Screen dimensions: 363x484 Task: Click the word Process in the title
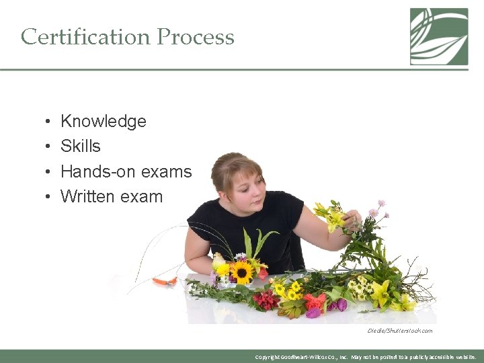196,36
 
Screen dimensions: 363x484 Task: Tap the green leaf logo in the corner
439,36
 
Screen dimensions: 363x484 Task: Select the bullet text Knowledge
103,122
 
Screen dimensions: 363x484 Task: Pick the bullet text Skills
80,147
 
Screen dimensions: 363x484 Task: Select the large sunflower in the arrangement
242,272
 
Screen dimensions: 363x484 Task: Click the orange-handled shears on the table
165,280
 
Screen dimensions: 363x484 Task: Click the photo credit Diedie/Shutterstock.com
399,331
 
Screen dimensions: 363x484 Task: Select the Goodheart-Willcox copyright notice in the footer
366,357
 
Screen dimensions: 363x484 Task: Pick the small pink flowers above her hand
376,210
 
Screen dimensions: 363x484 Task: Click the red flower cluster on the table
267,300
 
